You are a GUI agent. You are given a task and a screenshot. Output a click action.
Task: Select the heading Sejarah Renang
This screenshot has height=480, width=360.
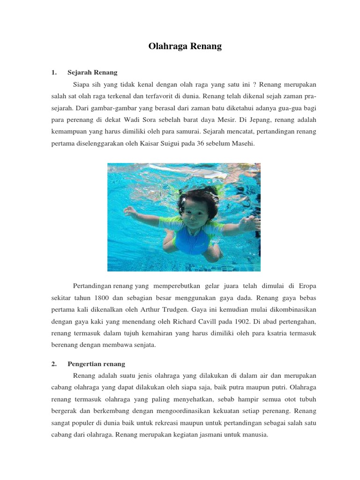coord(92,73)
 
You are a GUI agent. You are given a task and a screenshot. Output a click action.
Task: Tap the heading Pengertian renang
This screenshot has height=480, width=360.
coord(96,364)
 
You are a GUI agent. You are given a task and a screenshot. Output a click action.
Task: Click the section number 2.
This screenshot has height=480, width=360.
coord(54,364)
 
